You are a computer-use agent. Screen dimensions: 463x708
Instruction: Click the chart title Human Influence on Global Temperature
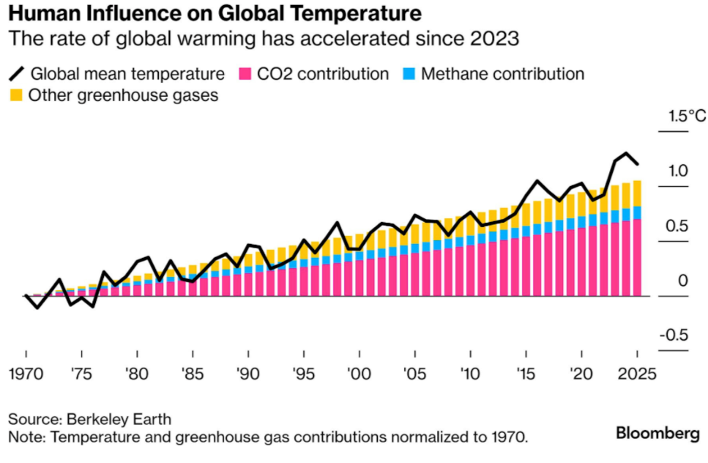(215, 14)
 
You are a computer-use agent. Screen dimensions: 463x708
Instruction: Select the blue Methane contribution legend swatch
(409, 74)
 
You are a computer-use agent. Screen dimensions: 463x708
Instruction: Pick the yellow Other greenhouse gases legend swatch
(15, 96)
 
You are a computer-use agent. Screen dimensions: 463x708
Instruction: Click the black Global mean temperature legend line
(15, 74)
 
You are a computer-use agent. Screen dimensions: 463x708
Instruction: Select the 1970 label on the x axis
(26, 372)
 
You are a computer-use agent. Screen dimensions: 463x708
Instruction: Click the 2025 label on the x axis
(637, 372)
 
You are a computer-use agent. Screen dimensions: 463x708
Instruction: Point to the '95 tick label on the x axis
(304, 372)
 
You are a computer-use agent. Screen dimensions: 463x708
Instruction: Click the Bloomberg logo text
(657, 433)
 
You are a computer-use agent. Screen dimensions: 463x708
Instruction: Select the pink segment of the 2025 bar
(637, 257)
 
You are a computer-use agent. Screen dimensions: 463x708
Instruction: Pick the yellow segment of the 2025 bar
(637, 193)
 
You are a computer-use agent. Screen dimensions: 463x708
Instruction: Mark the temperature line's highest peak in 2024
(626, 154)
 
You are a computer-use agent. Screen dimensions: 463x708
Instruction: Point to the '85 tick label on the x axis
(193, 372)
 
